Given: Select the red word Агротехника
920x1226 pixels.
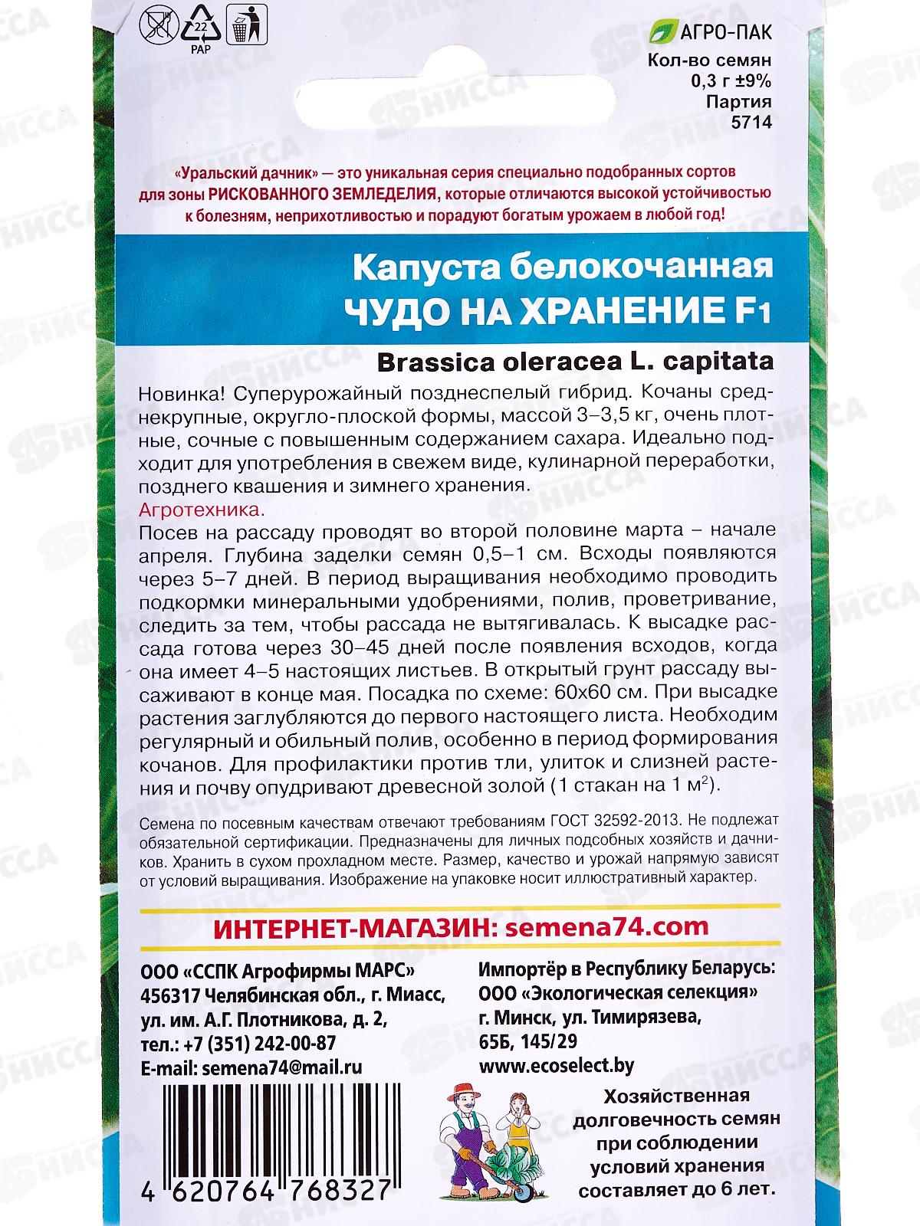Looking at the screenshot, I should point(202,510).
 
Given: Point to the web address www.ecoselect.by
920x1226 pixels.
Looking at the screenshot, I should point(556,1066).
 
